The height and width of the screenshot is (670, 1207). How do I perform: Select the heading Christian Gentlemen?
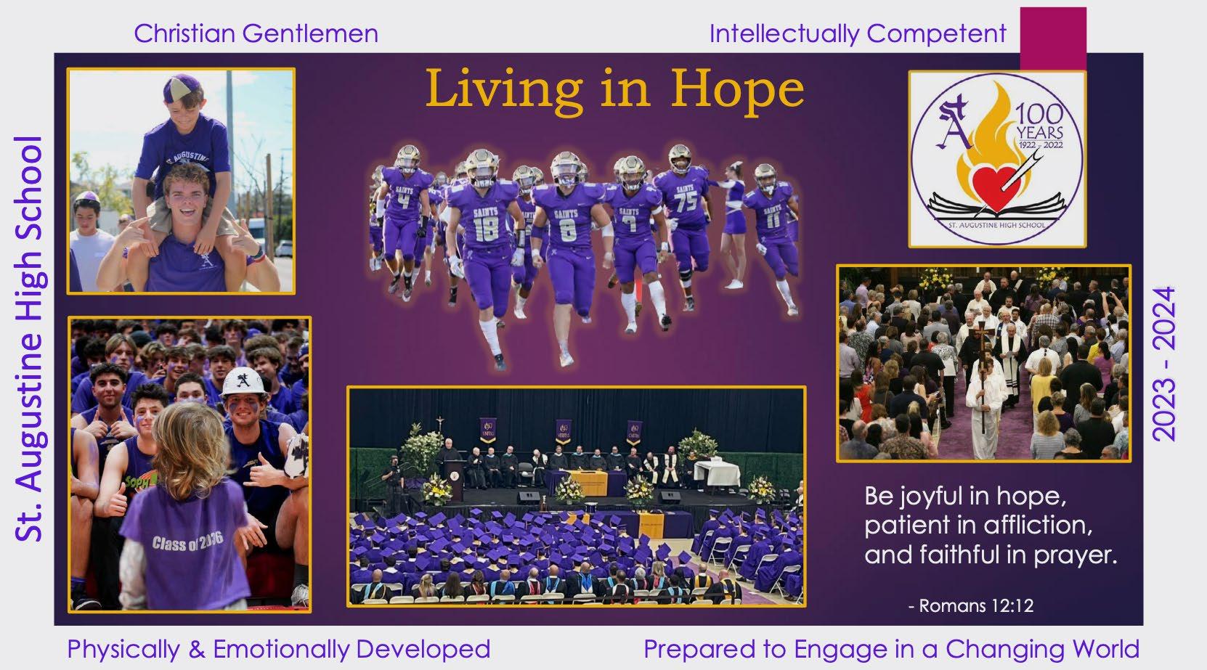click(x=256, y=33)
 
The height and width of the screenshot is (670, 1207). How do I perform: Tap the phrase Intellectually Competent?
click(x=858, y=34)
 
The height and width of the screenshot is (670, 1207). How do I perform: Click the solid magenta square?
click(x=1053, y=38)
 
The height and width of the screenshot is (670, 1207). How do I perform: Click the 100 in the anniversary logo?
click(x=1039, y=114)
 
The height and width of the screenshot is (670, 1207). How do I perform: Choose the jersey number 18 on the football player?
click(x=486, y=229)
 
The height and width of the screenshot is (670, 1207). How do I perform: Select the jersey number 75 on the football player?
click(x=686, y=201)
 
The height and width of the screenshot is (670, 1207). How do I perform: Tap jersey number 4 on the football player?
click(x=404, y=201)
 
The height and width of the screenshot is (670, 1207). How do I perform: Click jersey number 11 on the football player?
click(x=773, y=221)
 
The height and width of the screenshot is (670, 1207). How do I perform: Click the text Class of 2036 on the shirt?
click(x=187, y=542)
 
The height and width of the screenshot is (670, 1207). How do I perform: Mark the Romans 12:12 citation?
click(x=971, y=606)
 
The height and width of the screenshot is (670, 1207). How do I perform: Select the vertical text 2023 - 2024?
click(x=1163, y=364)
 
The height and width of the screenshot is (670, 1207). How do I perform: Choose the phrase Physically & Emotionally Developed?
click(x=279, y=648)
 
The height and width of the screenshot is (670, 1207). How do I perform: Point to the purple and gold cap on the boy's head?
click(x=182, y=88)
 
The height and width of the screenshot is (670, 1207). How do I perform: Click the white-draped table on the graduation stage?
click(x=717, y=473)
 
